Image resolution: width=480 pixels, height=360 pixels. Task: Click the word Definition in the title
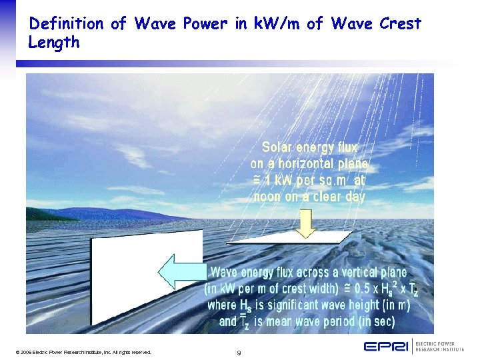(x=67, y=24)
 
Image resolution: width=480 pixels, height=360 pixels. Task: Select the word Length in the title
(x=54, y=43)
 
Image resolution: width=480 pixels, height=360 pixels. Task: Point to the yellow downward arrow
(x=305, y=224)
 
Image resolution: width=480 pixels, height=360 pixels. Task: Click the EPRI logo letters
(x=386, y=346)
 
